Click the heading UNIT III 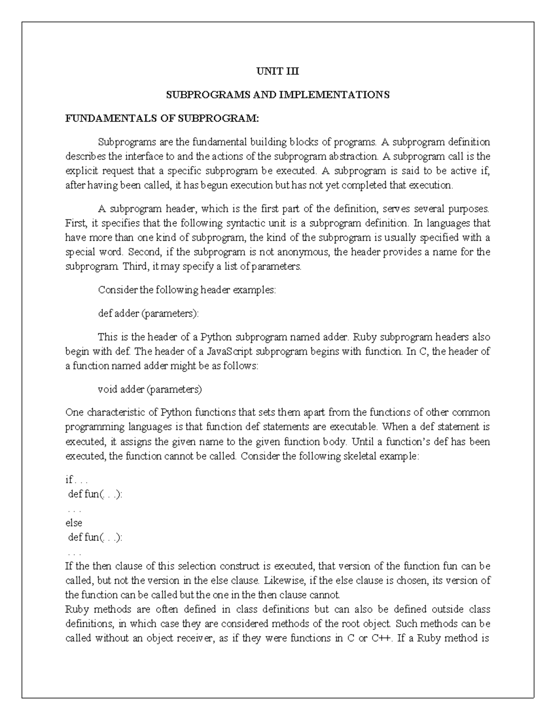tap(278, 71)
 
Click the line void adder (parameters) tap(150, 389)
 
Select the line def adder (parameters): tap(148, 313)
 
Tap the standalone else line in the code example tap(74, 523)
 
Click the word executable tap(351, 427)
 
